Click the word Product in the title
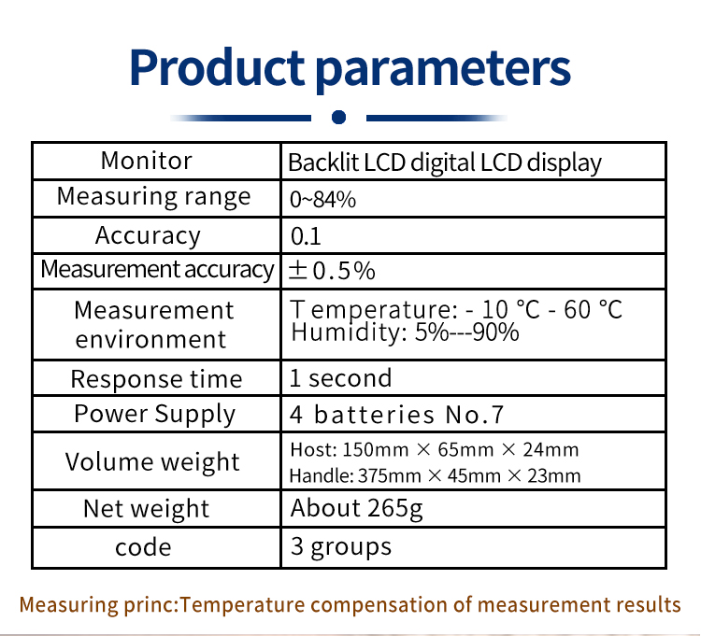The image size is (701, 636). click(217, 67)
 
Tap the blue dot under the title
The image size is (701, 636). click(339, 117)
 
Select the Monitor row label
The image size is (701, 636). click(147, 161)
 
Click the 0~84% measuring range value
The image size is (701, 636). click(322, 199)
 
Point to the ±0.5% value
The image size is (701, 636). click(332, 271)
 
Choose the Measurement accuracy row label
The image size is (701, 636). click(157, 270)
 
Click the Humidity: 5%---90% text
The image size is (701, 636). click(405, 332)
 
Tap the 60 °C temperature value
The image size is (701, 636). click(593, 309)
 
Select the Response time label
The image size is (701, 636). click(156, 379)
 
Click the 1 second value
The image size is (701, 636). click(340, 378)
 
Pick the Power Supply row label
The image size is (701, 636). click(154, 414)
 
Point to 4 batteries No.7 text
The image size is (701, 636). click(396, 415)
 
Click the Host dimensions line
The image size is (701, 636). click(434, 449)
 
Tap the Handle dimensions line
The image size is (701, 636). click(435, 475)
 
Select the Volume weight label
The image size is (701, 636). click(152, 461)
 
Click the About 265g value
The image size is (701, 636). click(357, 509)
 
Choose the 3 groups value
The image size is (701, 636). click(341, 546)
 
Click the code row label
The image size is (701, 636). click(143, 547)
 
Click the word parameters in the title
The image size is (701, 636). click(443, 70)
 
